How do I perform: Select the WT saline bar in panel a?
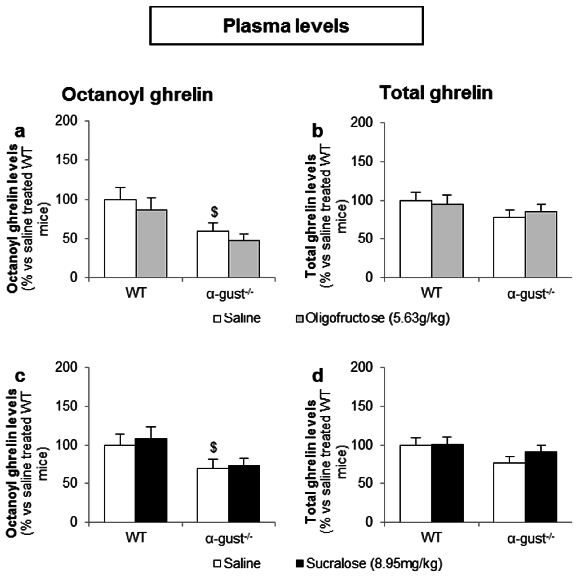(x=120, y=238)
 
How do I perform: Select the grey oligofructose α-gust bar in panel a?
(x=244, y=259)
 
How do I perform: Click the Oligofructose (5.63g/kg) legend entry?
(x=372, y=318)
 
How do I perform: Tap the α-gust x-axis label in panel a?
(x=230, y=294)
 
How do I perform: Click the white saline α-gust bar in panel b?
(x=509, y=247)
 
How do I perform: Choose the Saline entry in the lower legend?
(x=237, y=563)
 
